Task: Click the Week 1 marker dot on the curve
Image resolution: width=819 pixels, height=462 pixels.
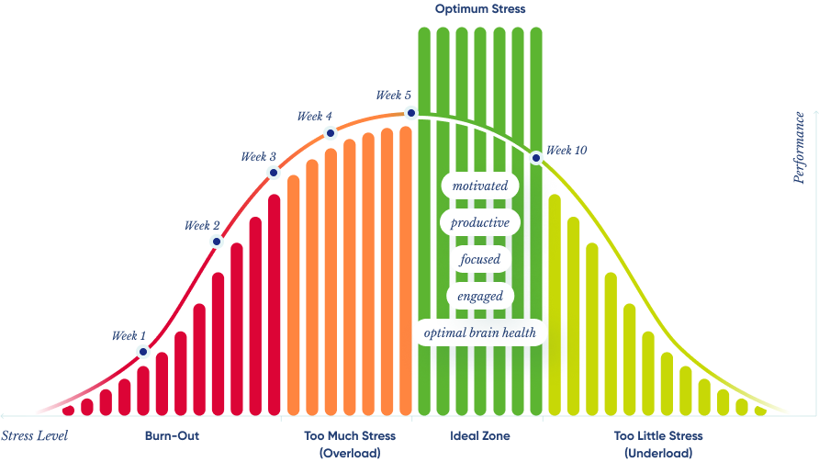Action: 143,351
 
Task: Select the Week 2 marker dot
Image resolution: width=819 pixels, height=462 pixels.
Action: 217,242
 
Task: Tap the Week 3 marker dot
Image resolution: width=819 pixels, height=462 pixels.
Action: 273,172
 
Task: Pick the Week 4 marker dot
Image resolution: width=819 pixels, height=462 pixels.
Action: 331,133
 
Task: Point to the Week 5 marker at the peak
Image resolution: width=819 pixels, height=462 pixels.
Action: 411,112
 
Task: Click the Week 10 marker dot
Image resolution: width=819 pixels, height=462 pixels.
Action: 536,158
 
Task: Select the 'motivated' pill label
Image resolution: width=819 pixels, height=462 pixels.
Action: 480,186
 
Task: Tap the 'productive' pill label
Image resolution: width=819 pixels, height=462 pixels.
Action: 480,222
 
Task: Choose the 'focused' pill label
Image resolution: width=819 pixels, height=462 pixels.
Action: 480,259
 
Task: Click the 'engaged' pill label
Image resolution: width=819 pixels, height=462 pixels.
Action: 480,296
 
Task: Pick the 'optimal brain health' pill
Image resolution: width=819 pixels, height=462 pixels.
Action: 480,332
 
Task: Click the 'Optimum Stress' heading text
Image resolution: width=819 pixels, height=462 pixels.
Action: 480,10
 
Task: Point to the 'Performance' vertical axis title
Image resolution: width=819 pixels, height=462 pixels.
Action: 800,148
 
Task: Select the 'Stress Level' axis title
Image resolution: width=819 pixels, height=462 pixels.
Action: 35,436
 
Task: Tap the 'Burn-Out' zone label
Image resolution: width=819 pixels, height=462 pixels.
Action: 172,436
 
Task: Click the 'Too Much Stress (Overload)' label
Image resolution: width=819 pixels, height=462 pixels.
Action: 350,445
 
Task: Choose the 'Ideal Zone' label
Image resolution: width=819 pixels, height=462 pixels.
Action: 480,436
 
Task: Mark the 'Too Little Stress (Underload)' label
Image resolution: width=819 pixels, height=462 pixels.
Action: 658,445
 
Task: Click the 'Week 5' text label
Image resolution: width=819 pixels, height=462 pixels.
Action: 394,96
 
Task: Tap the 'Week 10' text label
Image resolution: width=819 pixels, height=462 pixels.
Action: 567,151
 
